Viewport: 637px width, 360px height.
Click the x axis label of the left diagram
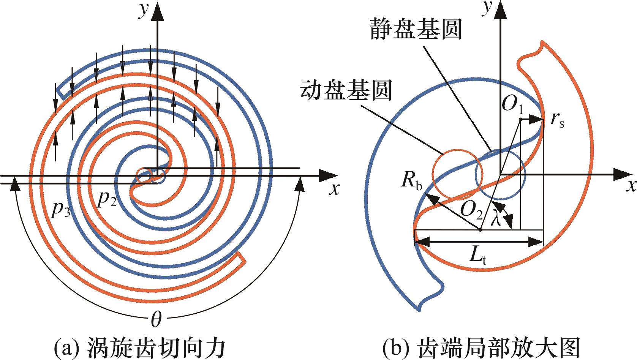point(334,188)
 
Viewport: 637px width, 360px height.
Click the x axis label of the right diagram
point(631,186)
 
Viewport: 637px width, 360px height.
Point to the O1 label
point(512,104)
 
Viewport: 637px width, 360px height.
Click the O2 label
point(471,209)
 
